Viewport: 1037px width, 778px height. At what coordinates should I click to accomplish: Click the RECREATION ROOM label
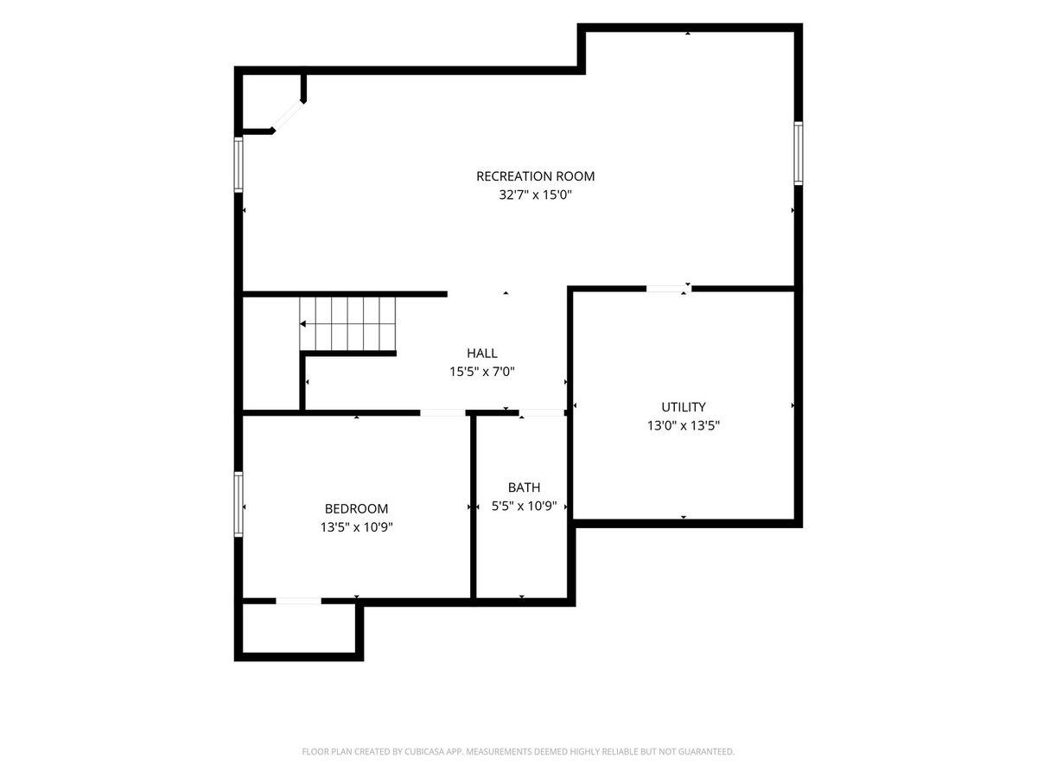pos(535,176)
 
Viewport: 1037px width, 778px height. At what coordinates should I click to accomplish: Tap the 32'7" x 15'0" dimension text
pos(535,194)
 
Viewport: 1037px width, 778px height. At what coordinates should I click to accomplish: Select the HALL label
pos(481,353)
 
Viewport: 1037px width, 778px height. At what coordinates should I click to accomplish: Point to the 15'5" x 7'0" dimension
pos(481,372)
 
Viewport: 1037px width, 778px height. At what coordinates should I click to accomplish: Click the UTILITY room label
pos(684,406)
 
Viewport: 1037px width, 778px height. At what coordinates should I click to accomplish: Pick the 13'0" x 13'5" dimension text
pos(684,425)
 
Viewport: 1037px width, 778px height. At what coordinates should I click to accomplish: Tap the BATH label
pos(524,487)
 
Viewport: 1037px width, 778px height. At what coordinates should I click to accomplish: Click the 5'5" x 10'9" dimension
pos(524,506)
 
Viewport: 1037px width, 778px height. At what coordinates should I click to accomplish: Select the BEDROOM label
pos(356,508)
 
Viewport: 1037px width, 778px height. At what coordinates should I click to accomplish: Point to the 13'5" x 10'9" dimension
pos(356,527)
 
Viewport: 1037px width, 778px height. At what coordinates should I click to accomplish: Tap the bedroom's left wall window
pos(239,504)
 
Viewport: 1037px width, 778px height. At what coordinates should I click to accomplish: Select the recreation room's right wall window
pos(798,153)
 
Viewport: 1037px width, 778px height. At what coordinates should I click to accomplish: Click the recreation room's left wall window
pos(239,164)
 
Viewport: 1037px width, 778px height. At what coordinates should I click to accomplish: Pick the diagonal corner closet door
pos(288,115)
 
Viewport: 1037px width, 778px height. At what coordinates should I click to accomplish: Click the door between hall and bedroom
pos(442,413)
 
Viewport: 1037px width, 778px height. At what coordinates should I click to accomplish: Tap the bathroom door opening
pos(542,413)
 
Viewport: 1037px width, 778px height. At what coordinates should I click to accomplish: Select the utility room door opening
pos(669,289)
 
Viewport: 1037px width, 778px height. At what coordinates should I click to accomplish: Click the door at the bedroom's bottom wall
pos(299,601)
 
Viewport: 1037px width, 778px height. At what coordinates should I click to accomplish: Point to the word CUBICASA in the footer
pos(424,751)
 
